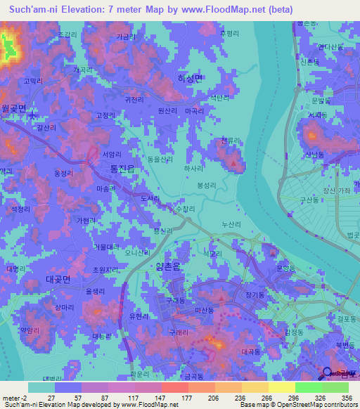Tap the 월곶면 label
13,108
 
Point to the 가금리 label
125,37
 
